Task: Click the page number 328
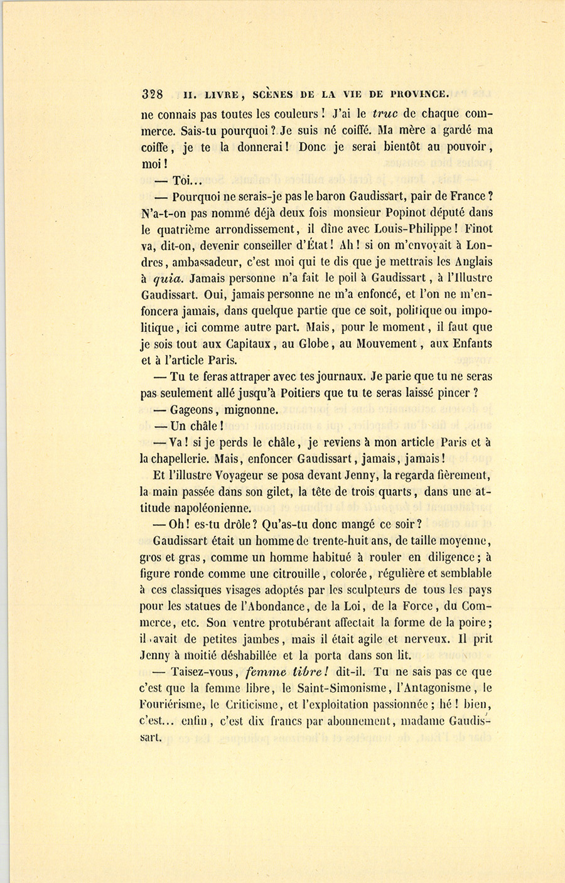pyautogui.click(x=152, y=95)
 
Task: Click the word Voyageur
pyautogui.click(x=252, y=475)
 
